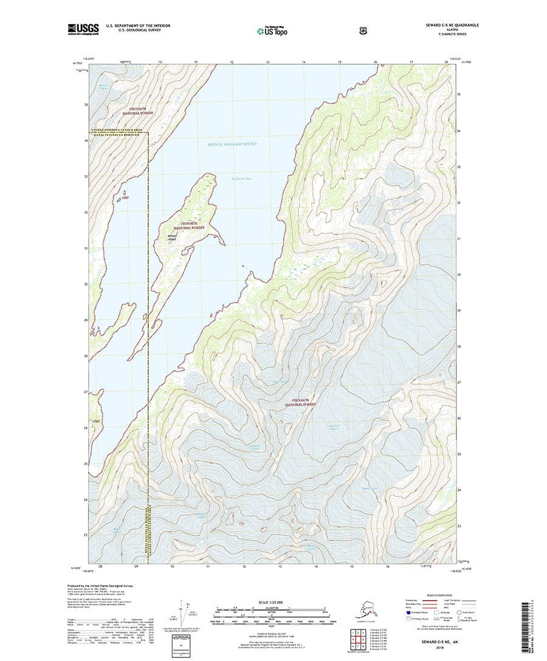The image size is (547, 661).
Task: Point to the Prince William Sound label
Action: pyautogui.click(x=232, y=144)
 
